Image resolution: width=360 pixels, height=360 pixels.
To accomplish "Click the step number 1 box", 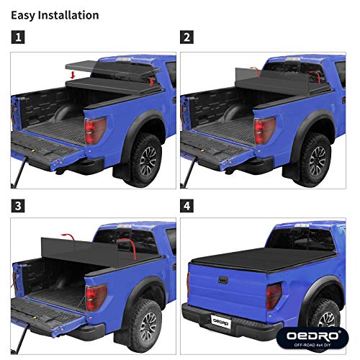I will (x=17, y=35).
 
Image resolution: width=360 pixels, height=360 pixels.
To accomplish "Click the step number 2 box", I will (x=187, y=35).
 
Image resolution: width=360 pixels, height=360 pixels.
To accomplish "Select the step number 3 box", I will (x=17, y=206).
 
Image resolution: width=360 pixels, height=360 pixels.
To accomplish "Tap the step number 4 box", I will (x=187, y=206).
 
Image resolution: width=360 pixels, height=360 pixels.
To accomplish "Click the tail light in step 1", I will (x=94, y=131).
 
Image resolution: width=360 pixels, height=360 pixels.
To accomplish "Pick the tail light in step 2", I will (x=264, y=131).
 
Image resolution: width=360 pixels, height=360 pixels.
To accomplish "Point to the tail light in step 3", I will (x=95, y=296).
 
